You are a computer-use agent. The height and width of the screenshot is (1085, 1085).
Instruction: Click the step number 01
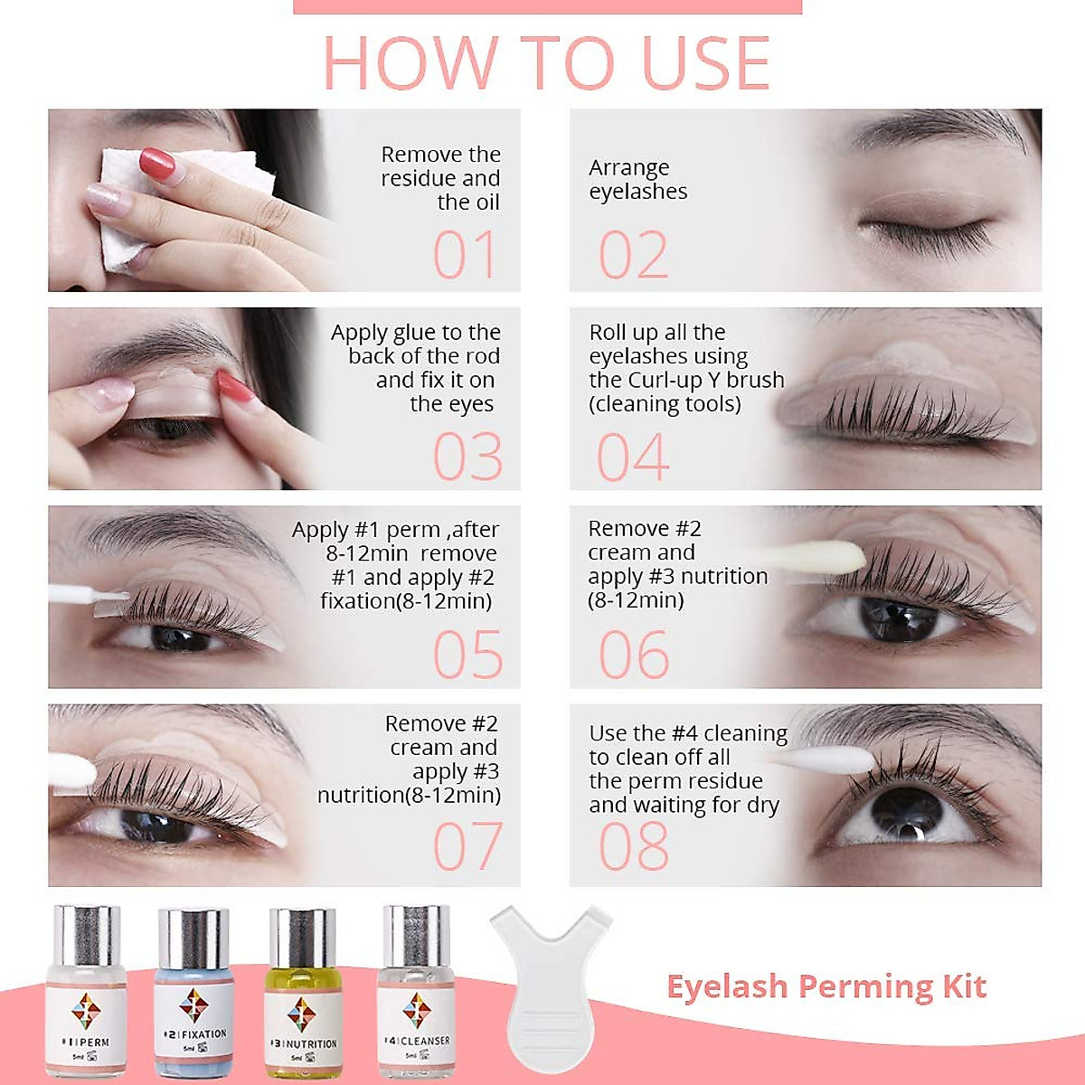click(465, 255)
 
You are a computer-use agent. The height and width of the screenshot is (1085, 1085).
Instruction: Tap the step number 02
click(633, 255)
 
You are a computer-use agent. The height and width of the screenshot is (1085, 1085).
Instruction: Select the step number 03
click(467, 457)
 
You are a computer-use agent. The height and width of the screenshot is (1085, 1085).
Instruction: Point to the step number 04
click(633, 457)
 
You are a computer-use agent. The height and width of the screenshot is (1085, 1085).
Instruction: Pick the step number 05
click(467, 655)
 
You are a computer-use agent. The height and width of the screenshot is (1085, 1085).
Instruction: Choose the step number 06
click(633, 655)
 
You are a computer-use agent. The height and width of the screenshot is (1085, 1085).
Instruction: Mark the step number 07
click(467, 847)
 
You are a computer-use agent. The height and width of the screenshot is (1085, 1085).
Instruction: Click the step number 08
click(633, 847)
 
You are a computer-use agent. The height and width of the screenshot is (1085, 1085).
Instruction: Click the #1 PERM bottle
click(86, 995)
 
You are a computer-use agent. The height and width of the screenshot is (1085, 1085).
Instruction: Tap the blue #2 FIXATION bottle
click(193, 995)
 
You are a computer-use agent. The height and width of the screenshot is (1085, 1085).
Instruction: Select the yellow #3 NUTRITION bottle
click(303, 995)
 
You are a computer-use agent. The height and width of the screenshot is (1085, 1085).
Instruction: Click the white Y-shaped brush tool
click(550, 986)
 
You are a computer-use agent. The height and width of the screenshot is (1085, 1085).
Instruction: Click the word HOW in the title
click(410, 63)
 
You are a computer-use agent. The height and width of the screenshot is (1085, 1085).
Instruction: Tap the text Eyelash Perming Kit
click(826, 986)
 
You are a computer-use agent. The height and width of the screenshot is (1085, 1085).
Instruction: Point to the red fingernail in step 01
click(157, 165)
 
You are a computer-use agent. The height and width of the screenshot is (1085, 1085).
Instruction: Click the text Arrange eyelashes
click(637, 179)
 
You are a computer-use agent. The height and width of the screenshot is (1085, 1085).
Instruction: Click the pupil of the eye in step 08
click(905, 807)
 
